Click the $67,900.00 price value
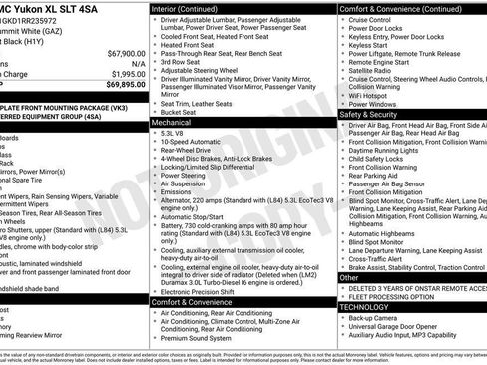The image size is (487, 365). pos(120,53)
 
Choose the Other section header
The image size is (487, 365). pos(350,278)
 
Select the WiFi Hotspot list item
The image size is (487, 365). pos(372,94)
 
